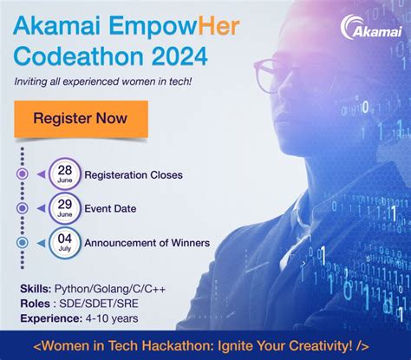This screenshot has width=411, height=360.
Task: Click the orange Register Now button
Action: pyautogui.click(x=80, y=119)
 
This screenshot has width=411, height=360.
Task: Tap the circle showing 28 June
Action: pyautogui.click(x=65, y=174)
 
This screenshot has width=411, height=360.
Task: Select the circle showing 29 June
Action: pyautogui.click(x=65, y=208)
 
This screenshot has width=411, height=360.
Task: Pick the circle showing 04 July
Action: pyautogui.click(x=65, y=242)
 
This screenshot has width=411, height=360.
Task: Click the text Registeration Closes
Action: pyautogui.click(x=134, y=175)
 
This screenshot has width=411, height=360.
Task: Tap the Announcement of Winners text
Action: pyautogui.click(x=147, y=243)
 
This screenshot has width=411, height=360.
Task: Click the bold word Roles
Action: pyautogui.click(x=34, y=303)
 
